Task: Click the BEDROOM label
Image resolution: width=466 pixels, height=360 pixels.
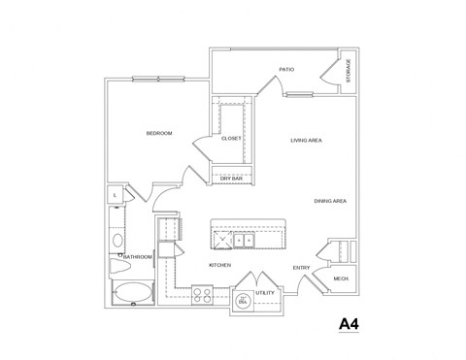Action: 159,133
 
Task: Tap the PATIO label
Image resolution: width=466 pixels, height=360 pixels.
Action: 286,70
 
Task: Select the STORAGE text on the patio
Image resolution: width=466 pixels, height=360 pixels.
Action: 349,72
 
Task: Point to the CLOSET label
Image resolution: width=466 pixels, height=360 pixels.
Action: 231,139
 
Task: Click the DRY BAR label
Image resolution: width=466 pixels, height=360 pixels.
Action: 231,179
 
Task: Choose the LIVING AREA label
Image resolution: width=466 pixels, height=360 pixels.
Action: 306,141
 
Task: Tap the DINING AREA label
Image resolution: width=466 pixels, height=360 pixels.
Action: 330,201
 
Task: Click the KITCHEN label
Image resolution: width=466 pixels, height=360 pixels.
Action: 219,264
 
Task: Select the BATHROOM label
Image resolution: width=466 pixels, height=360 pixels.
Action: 139,257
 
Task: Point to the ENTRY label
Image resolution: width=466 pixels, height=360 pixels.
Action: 301,267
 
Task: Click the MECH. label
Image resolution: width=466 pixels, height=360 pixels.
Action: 341,279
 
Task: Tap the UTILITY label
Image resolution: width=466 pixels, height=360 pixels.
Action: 265,292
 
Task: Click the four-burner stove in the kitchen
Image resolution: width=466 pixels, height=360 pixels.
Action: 202,293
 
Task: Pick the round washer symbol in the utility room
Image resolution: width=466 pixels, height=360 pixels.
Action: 244,303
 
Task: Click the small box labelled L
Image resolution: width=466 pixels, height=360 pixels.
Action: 115,196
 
